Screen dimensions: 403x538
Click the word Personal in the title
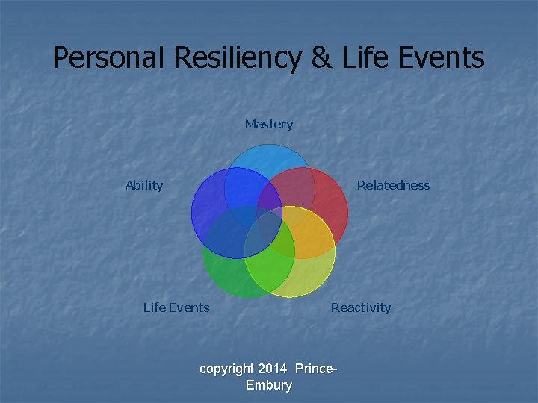(x=108, y=58)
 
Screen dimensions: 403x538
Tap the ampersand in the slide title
(x=321, y=58)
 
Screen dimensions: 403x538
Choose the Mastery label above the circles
(x=269, y=124)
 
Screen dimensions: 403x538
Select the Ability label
(x=144, y=185)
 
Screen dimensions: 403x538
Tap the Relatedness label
(x=393, y=185)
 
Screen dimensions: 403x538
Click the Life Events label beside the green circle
(x=176, y=307)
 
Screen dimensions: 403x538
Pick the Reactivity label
(x=361, y=307)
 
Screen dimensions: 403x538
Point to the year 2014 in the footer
(x=272, y=369)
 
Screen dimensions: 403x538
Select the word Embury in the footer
(x=269, y=385)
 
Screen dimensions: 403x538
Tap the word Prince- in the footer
(x=316, y=369)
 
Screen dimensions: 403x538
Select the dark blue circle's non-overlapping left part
(x=205, y=213)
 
